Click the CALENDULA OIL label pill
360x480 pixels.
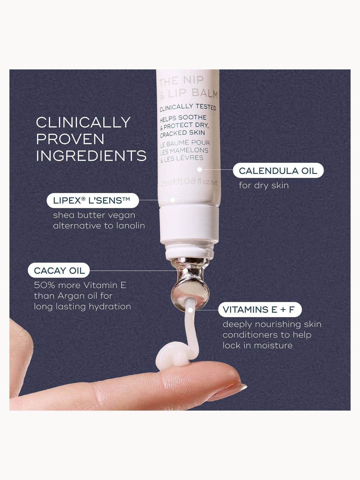click(278, 171)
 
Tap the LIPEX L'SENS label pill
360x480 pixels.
click(93, 200)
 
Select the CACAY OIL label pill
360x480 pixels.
click(59, 271)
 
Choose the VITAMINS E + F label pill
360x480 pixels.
click(260, 309)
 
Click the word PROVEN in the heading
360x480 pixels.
click(70, 139)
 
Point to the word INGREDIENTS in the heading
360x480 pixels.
click(91, 156)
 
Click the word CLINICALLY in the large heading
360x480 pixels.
click(83, 122)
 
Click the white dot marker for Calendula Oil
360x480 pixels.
click(199, 169)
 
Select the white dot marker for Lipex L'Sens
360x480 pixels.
click(173, 200)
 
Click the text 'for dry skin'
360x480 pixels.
click(264, 185)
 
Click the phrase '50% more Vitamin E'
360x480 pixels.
click(80, 285)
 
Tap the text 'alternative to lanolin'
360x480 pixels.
click(99, 226)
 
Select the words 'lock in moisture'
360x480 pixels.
click(257, 346)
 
